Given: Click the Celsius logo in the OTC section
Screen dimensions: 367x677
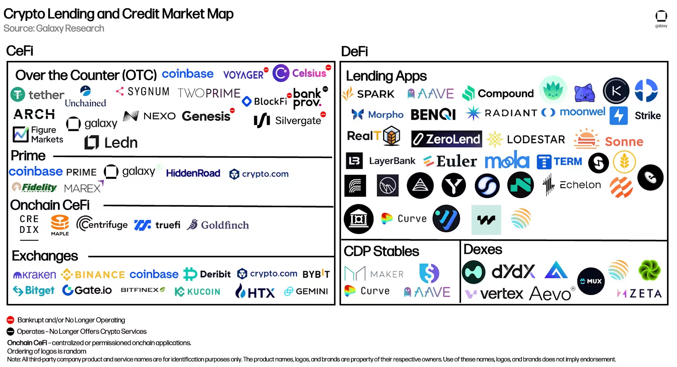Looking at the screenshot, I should click(300, 73).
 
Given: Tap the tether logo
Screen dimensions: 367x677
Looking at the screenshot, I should click(37, 95).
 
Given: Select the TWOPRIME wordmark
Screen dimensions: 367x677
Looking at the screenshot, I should click(209, 93).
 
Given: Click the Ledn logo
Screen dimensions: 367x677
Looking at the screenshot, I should click(111, 143).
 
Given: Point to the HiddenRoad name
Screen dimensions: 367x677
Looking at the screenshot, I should click(193, 173).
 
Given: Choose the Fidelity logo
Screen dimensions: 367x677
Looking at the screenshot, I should click(35, 187).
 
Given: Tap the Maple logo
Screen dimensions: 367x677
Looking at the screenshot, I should click(60, 225).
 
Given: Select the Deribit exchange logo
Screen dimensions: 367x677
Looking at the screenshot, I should click(207, 274).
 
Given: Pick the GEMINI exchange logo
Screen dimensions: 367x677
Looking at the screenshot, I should click(306, 291).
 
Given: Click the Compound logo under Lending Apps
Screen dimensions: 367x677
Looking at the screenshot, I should click(498, 93).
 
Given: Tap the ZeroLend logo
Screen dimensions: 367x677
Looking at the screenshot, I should click(446, 139).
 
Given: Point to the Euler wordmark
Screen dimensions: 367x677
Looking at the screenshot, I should click(450, 161).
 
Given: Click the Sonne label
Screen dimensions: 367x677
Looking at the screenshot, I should click(624, 142).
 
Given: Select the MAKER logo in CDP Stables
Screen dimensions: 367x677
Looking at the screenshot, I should click(374, 274).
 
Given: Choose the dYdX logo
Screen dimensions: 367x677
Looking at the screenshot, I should click(513, 271).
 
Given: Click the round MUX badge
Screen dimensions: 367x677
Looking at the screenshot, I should click(591, 281).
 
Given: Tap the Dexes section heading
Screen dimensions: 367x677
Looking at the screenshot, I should click(483, 249).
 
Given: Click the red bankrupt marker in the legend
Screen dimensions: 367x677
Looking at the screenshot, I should click(10, 320).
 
